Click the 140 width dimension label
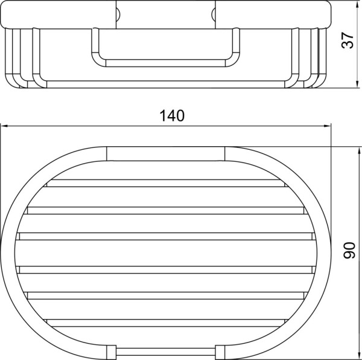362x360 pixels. tap(172, 116)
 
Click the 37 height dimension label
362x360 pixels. tap(348, 40)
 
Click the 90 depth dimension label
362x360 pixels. tap(349, 250)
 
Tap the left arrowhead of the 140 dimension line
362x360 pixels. tap(4, 126)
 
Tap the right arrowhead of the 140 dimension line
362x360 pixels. tap(327, 126)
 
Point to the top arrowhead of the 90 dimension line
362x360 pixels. tap(359, 152)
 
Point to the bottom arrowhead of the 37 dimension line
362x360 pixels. tap(357, 84)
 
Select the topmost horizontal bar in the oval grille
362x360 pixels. tap(166, 183)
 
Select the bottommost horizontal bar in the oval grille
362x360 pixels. tap(166, 323)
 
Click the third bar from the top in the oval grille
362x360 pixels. tap(166, 236)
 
